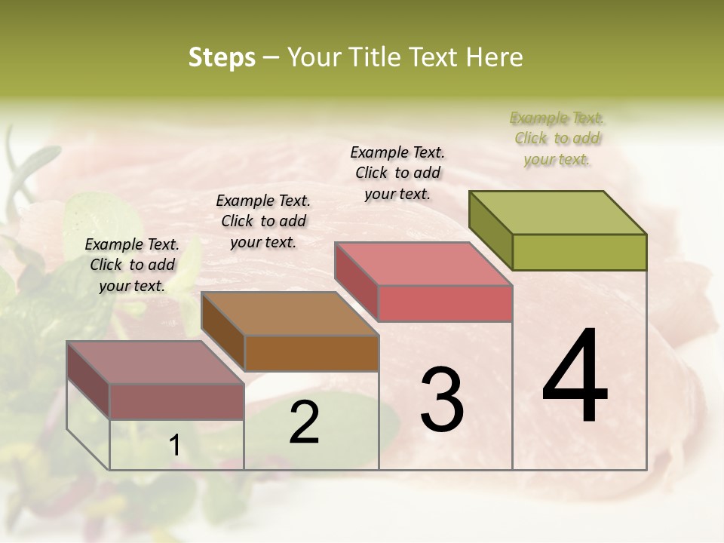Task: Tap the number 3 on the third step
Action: click(x=441, y=400)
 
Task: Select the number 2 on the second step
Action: click(x=304, y=422)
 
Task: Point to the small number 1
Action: click(x=174, y=446)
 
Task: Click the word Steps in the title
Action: click(x=222, y=57)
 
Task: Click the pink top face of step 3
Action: click(x=424, y=263)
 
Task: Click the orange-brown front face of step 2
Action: click(x=311, y=353)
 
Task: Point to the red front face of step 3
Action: click(x=445, y=303)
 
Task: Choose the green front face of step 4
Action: click(x=579, y=252)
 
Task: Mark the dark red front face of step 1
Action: click(x=176, y=401)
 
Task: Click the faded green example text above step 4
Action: click(x=557, y=138)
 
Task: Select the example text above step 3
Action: click(x=397, y=173)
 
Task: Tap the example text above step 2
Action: click(x=263, y=221)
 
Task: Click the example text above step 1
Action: click(x=132, y=265)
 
